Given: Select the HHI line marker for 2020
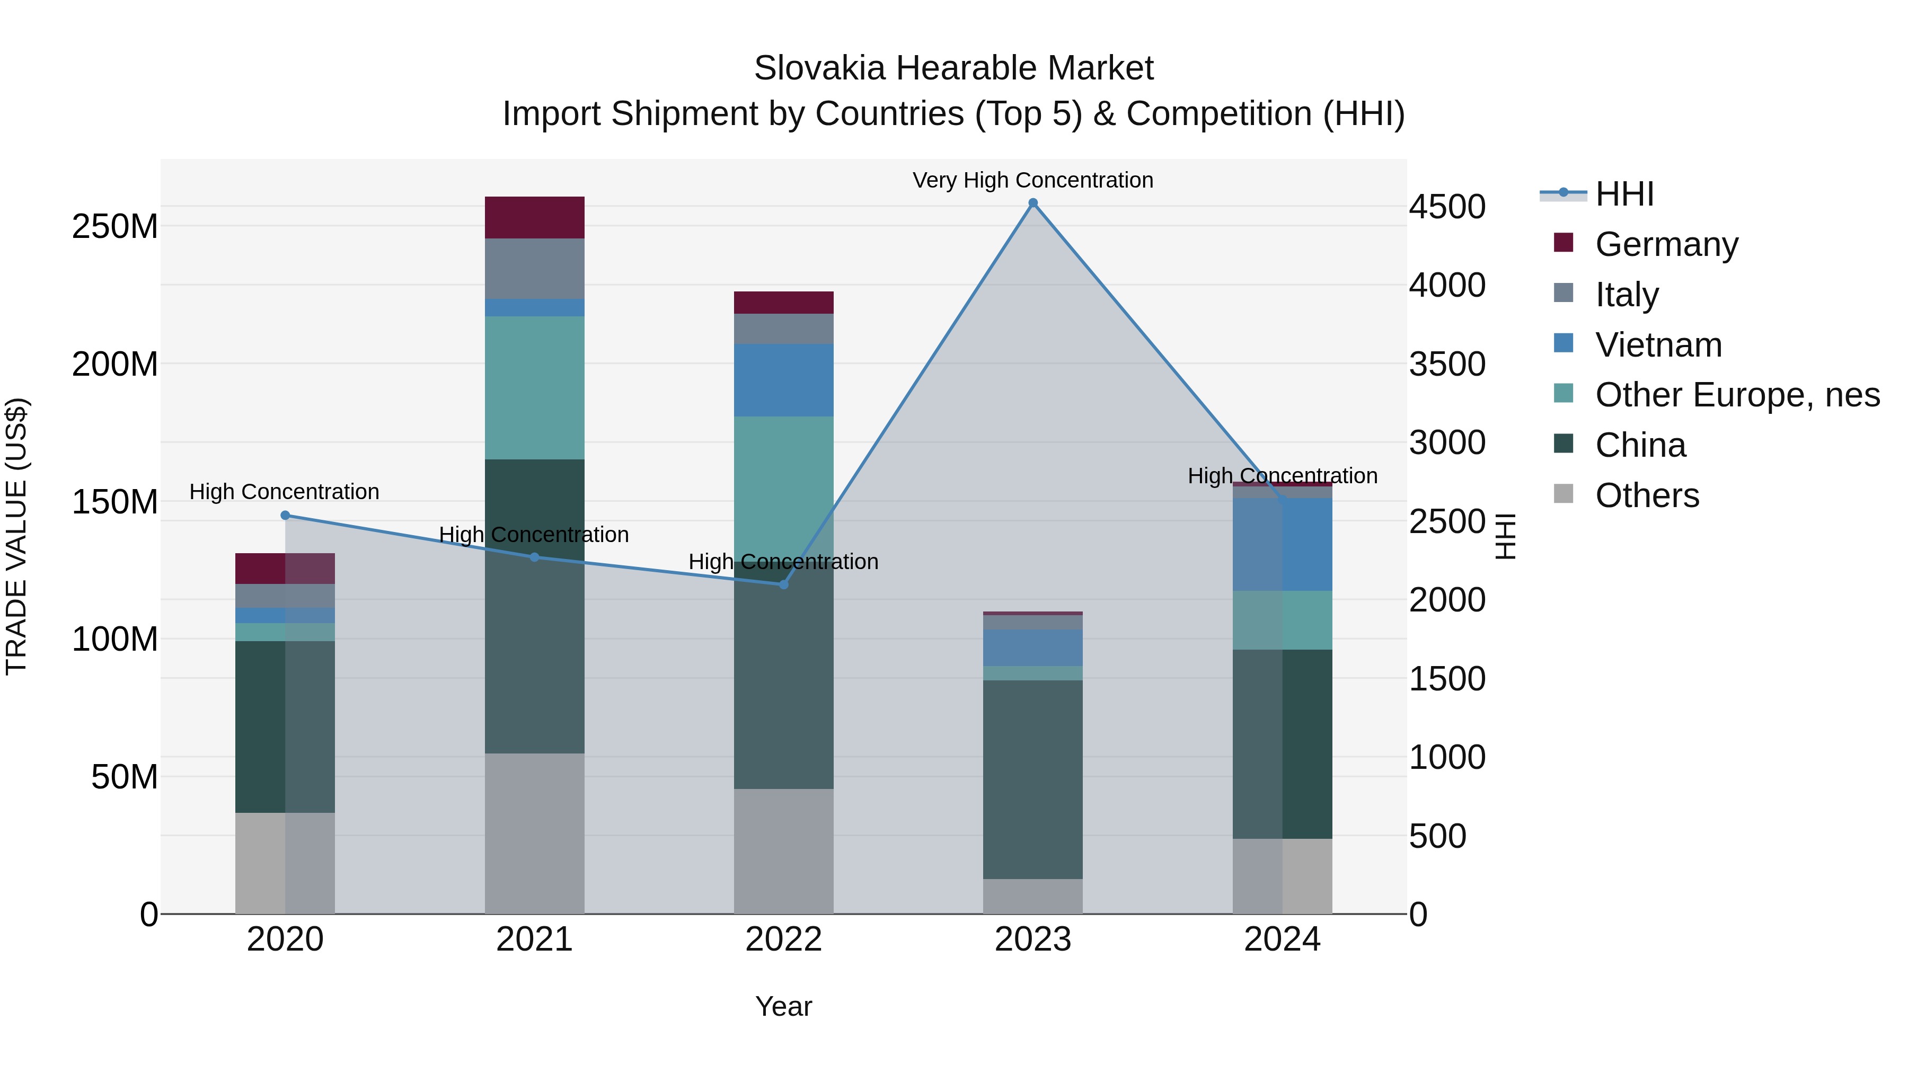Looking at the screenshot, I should (x=285, y=516).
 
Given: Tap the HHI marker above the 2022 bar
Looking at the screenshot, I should (x=784, y=584).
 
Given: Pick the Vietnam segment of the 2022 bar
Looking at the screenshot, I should (x=784, y=380).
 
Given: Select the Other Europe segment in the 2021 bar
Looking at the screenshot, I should (x=534, y=387).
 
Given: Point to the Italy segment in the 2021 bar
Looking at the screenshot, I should (x=534, y=268).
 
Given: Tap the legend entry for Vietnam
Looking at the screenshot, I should (x=1658, y=345).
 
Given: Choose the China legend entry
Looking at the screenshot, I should (x=1640, y=445).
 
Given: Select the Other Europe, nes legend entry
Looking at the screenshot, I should (x=1736, y=395).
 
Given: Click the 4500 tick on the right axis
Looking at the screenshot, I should (x=1446, y=207).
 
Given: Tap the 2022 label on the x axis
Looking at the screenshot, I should (x=784, y=939).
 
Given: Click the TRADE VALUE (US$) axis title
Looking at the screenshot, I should (x=17, y=536).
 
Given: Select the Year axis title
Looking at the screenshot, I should (x=784, y=1006).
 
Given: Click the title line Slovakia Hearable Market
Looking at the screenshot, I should (x=953, y=68).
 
